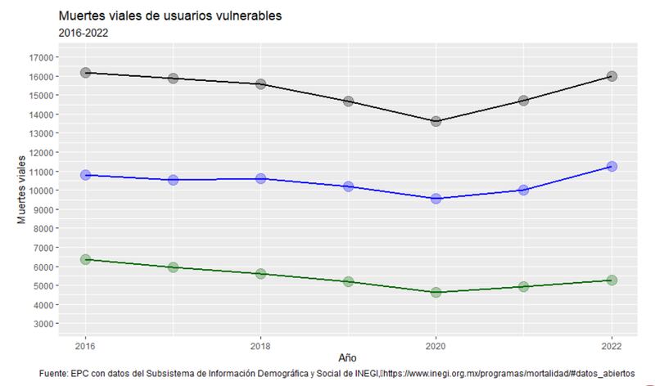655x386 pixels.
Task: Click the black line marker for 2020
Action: click(x=436, y=121)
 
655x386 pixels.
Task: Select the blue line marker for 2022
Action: click(x=611, y=166)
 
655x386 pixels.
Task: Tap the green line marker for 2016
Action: click(x=86, y=259)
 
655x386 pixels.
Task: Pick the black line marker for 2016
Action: click(x=86, y=73)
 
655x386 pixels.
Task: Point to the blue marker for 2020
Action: click(x=436, y=198)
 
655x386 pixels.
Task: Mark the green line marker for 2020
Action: click(x=436, y=292)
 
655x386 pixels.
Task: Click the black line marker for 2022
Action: click(x=611, y=76)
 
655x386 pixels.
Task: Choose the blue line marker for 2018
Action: click(x=261, y=178)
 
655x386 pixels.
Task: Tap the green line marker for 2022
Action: click(x=611, y=280)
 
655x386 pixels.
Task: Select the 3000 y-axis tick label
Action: click(x=45, y=324)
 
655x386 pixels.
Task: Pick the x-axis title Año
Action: click(x=348, y=358)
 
